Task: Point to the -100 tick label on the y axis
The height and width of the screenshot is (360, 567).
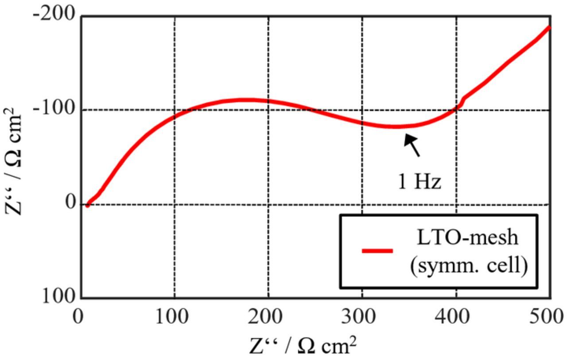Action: pos(54,110)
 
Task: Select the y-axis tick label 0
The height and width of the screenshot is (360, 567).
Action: pos(71,203)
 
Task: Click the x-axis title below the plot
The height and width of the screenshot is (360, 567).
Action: pos(303,346)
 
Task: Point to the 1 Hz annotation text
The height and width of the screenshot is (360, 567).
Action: pos(419,182)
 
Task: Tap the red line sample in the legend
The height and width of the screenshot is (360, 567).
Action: pos(377,251)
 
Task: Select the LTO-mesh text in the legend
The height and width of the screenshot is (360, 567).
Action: pos(467,238)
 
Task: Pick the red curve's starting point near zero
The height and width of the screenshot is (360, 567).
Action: pos(88,204)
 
